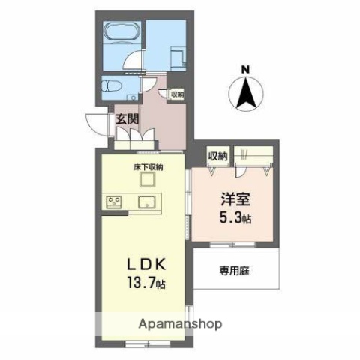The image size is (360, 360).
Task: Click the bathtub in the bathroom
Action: click(x=120, y=34)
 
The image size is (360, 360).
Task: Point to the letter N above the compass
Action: click(x=245, y=70)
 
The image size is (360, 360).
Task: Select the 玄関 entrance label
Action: click(x=126, y=118)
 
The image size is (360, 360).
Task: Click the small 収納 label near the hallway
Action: click(x=176, y=94)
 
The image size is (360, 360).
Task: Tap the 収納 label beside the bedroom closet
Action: click(x=217, y=156)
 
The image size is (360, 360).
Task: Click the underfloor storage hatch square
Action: click(x=148, y=180)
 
